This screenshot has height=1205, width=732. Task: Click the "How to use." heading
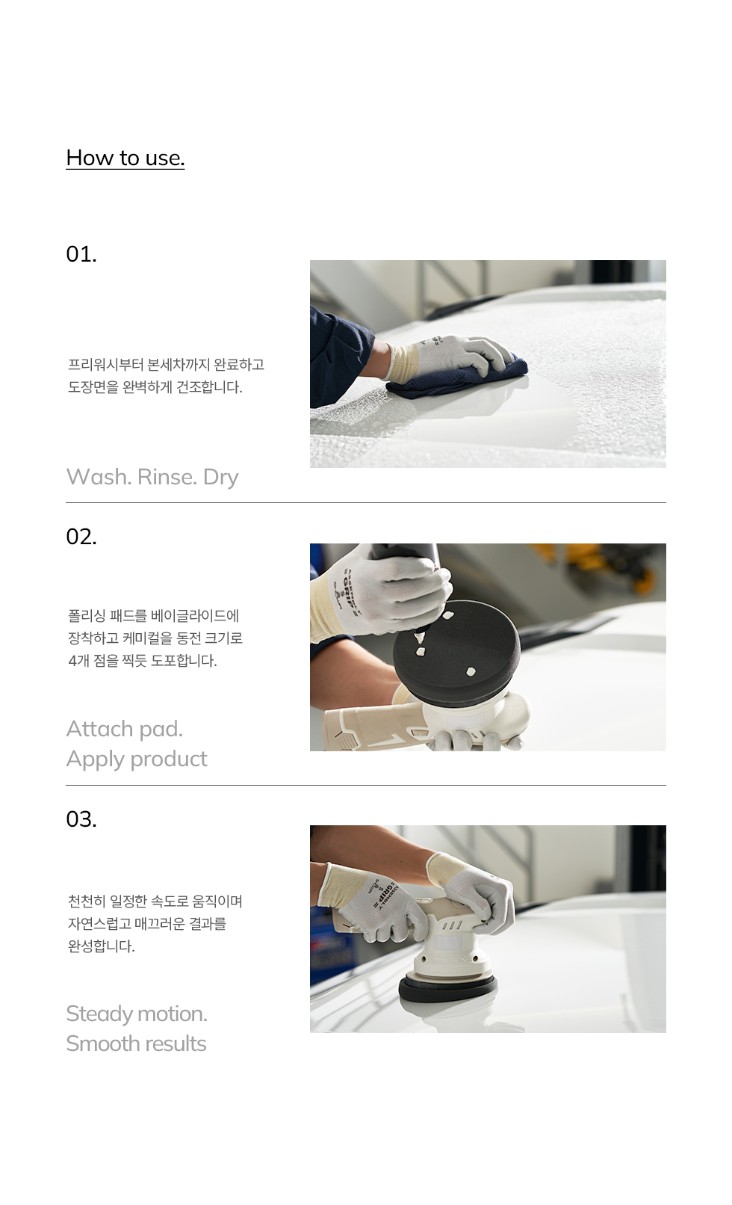click(x=125, y=158)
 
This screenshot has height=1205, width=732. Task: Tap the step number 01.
click(x=81, y=254)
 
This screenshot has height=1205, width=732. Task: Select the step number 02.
click(x=81, y=537)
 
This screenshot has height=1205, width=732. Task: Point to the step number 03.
click(x=81, y=819)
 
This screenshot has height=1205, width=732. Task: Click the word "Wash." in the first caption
click(x=99, y=477)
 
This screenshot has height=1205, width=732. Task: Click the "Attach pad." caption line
click(x=125, y=730)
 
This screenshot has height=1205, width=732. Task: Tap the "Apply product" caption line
click(x=137, y=759)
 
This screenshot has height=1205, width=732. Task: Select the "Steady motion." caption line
click(x=137, y=1014)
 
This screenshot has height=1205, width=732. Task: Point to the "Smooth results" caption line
click(x=136, y=1044)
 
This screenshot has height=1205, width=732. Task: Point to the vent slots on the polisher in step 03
click(x=451, y=925)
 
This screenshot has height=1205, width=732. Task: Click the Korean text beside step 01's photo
click(x=166, y=376)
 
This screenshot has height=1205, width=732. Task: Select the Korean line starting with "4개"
click(x=143, y=661)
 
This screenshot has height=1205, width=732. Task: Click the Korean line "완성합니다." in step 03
click(x=101, y=946)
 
